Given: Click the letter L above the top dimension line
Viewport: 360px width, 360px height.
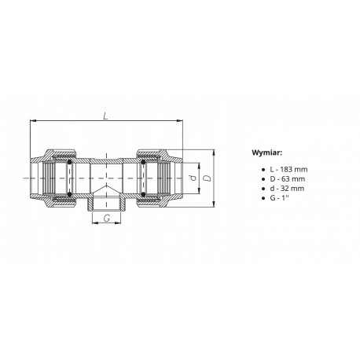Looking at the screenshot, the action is click(105, 116).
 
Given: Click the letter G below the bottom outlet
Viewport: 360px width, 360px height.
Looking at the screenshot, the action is click(107, 218).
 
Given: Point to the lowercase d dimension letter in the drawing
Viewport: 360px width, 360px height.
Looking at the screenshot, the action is click(193, 178).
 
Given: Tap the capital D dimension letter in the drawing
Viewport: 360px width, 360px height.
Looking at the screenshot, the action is click(208, 178).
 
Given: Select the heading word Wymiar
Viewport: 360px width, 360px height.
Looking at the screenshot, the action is click(267, 152).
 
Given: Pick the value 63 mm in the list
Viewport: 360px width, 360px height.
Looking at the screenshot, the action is click(293, 179).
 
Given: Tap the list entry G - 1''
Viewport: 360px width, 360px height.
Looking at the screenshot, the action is click(279, 198).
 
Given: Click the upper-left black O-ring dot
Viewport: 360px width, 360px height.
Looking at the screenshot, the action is click(69, 162).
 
